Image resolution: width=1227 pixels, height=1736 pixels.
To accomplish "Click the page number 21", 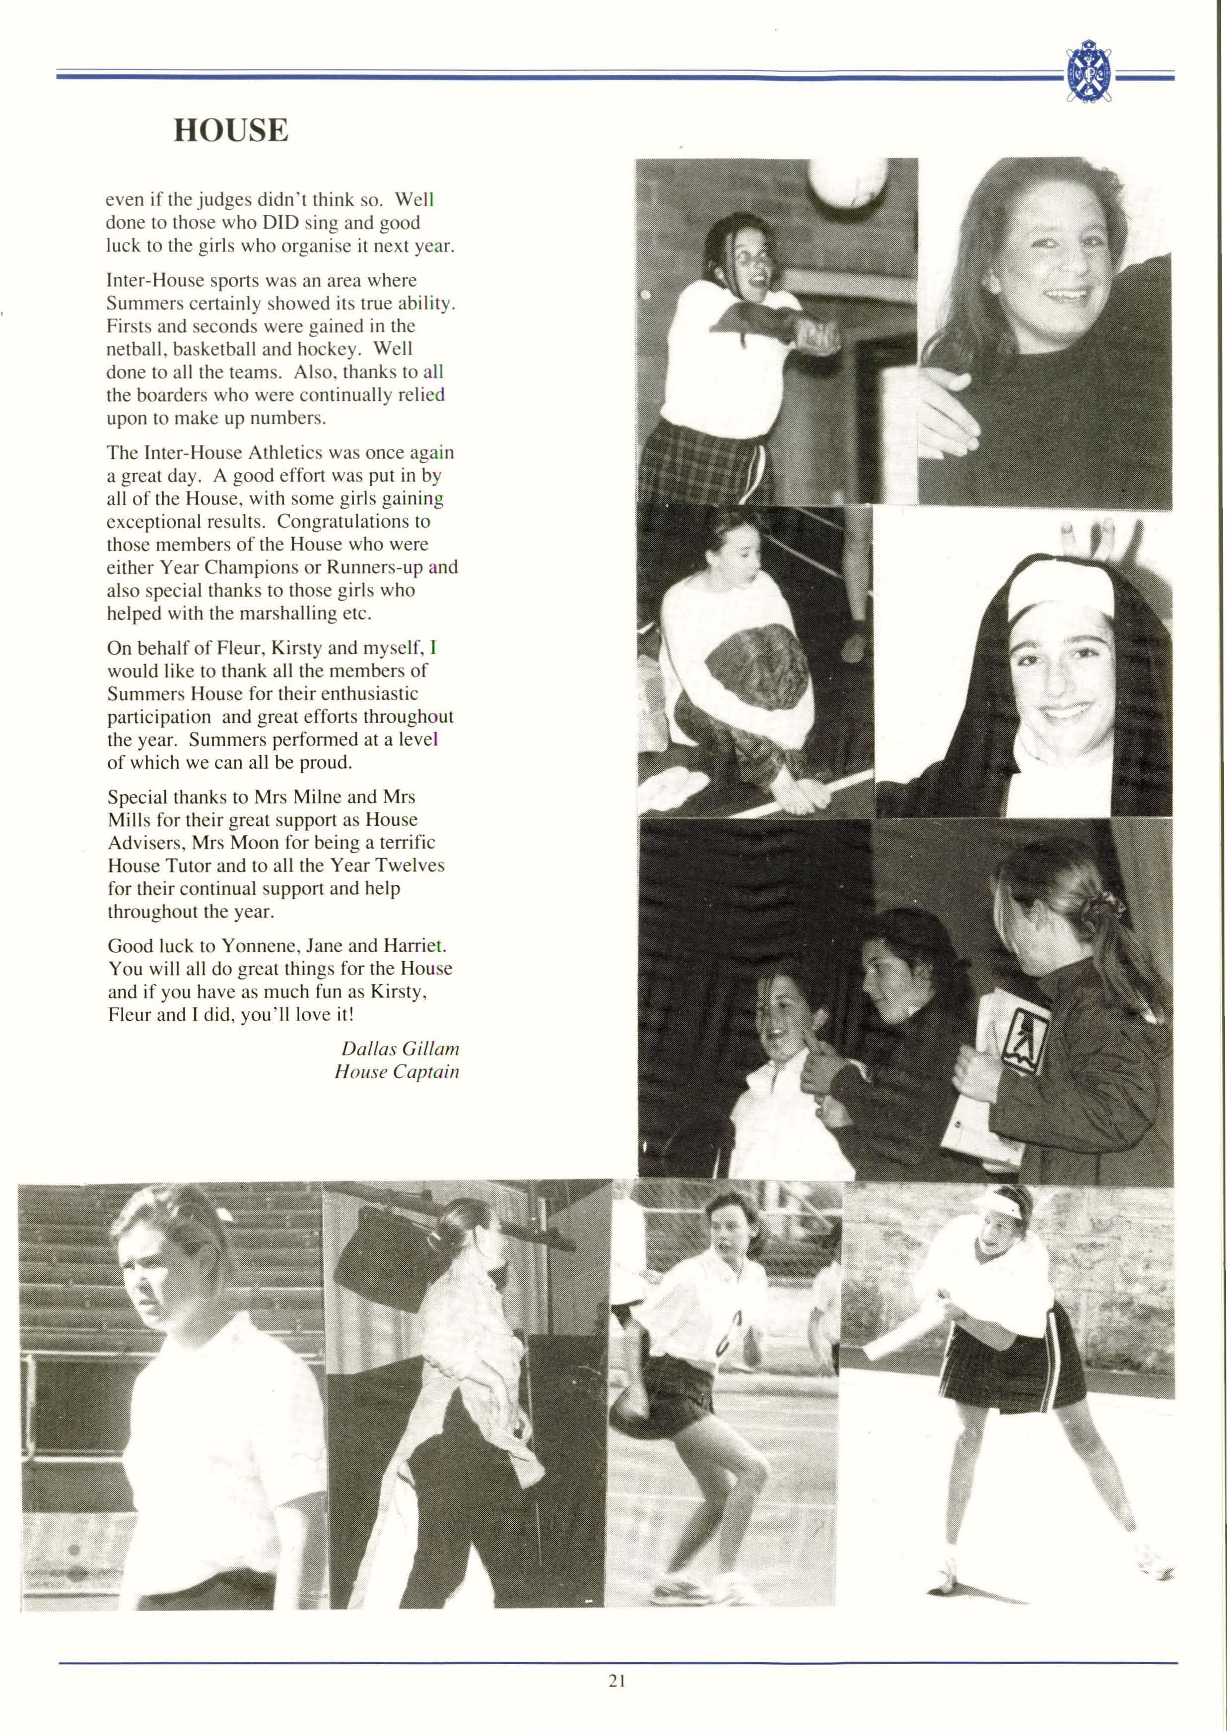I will coord(616,1681).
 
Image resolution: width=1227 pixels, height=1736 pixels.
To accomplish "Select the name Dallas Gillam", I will coord(400,1049).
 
